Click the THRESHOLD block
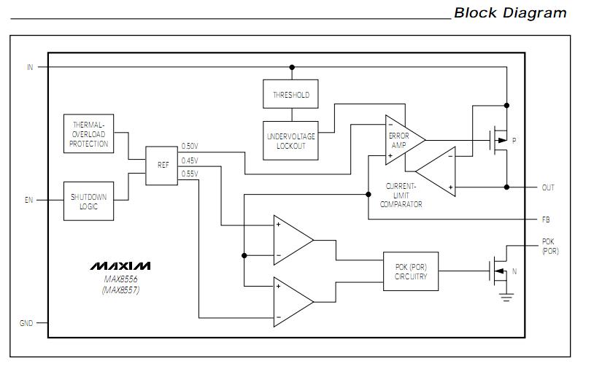(x=290, y=95)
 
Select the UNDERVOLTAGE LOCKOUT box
(x=290, y=141)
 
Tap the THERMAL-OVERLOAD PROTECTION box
(x=88, y=133)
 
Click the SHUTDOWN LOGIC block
(x=88, y=201)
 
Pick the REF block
(x=162, y=166)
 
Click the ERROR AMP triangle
(x=402, y=139)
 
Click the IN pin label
(x=30, y=67)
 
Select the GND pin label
(x=26, y=323)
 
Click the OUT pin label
(x=547, y=187)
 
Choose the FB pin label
(x=546, y=218)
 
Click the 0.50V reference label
(x=190, y=147)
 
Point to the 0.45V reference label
(x=190, y=160)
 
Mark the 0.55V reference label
(x=190, y=174)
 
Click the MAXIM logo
(x=120, y=266)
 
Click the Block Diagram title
(x=509, y=13)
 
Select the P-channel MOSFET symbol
(x=498, y=139)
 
